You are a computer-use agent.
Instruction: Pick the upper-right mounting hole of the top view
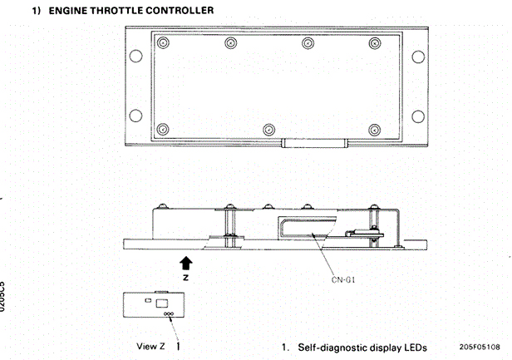click(416, 57)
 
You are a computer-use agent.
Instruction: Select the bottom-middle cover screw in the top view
click(268, 129)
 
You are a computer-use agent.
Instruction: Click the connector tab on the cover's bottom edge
click(312, 143)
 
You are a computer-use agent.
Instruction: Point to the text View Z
click(150, 344)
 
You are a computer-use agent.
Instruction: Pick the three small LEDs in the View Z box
click(169, 314)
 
